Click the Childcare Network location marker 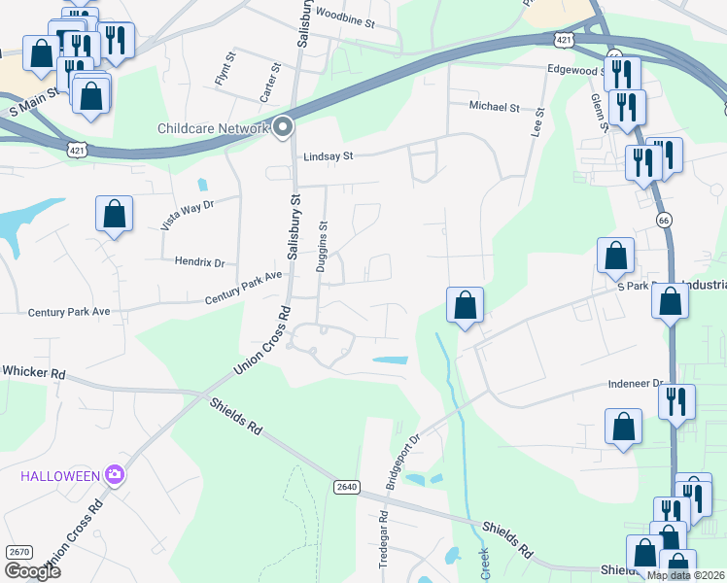click(x=283, y=127)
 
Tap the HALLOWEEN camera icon click(x=116, y=474)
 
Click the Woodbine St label click(x=345, y=17)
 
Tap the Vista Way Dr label click(x=187, y=213)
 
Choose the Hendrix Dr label click(x=199, y=262)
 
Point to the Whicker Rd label click(x=33, y=372)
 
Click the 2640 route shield click(x=345, y=486)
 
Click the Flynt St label click(x=221, y=76)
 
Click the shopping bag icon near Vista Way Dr click(x=114, y=215)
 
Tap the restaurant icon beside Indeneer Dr click(x=676, y=401)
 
